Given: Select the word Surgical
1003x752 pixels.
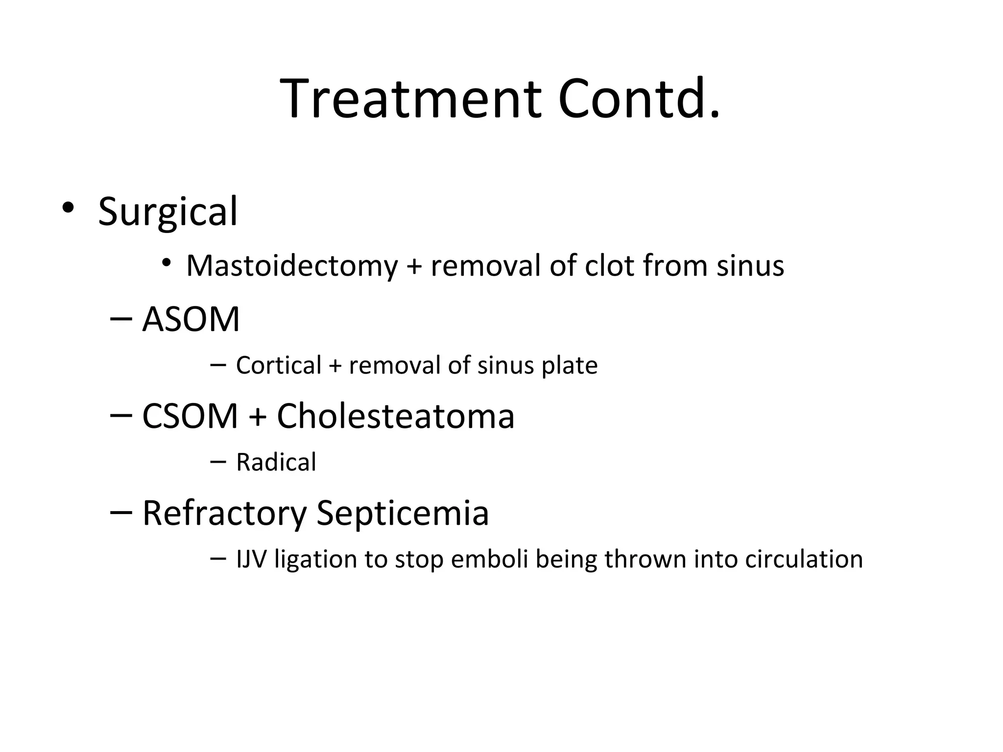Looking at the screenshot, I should point(167,211).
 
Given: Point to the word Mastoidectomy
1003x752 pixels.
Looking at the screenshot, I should point(292,266).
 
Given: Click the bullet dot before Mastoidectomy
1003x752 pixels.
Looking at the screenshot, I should point(167,263).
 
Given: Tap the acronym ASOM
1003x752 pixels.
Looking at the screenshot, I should point(191,319).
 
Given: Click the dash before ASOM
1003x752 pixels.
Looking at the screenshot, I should point(121,319).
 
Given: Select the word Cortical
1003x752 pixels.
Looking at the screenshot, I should point(279,365).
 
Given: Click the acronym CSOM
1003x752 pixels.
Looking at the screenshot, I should point(190,416).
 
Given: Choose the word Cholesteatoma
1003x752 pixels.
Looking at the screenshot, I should point(396,416).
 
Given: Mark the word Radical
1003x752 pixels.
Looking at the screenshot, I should point(276,462).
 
